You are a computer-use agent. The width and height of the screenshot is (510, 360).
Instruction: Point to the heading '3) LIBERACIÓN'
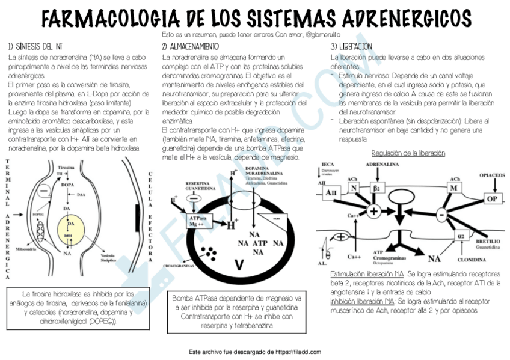click(352, 46)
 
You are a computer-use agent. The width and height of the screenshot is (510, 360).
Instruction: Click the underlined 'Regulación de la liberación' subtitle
click(408, 153)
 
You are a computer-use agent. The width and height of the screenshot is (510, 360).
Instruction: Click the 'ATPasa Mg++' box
click(198, 221)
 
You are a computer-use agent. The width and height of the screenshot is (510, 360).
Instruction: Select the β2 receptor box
click(376, 188)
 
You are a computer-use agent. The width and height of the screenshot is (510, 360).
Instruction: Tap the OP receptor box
click(492, 199)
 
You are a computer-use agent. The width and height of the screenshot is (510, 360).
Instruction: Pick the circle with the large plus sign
click(374, 212)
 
